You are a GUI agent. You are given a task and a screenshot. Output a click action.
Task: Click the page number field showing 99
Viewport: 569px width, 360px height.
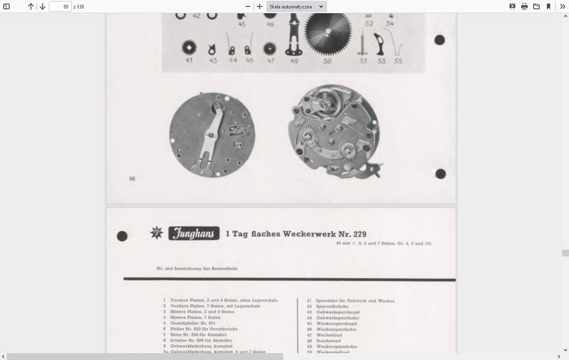pos(60,6)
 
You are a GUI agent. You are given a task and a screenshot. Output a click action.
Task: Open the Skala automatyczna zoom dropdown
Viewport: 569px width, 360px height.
pos(296,6)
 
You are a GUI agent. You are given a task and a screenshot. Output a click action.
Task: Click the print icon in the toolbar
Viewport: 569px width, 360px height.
pos(524,6)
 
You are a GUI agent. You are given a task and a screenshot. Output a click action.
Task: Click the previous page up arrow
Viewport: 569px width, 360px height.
pos(31,6)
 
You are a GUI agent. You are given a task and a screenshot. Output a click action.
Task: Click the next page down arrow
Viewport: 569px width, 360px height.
pos(43,6)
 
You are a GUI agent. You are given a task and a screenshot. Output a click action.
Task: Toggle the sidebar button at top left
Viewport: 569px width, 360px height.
pos(7,6)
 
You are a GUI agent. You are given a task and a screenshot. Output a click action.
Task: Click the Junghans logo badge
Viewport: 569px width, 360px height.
pos(193,233)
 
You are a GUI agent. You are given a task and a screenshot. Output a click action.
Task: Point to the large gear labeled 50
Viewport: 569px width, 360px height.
pos(327,34)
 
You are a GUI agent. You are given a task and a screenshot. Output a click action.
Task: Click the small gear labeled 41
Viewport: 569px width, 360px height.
pos(189,47)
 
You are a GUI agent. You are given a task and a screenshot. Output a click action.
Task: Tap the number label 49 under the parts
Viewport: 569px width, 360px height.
pos(294,61)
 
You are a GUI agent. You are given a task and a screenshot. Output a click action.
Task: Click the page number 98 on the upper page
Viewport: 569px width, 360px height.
pos(132,179)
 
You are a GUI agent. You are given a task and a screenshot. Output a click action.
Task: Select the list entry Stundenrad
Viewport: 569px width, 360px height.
pos(330,341)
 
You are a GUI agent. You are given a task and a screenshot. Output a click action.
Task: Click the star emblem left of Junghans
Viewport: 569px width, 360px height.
pos(156,233)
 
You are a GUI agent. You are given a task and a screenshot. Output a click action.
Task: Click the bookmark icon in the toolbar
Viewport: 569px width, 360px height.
pos(549,6)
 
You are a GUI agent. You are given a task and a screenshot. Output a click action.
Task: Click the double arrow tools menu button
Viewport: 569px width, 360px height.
pos(562,6)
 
